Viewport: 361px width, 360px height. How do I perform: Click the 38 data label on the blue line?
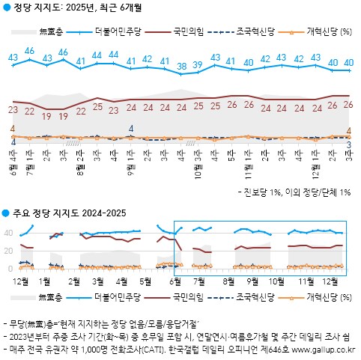(180, 67)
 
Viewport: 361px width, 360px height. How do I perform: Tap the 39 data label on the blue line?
(198, 64)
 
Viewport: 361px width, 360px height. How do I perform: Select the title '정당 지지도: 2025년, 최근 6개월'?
(73, 8)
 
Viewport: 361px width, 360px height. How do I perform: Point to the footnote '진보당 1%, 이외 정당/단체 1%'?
(298, 192)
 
